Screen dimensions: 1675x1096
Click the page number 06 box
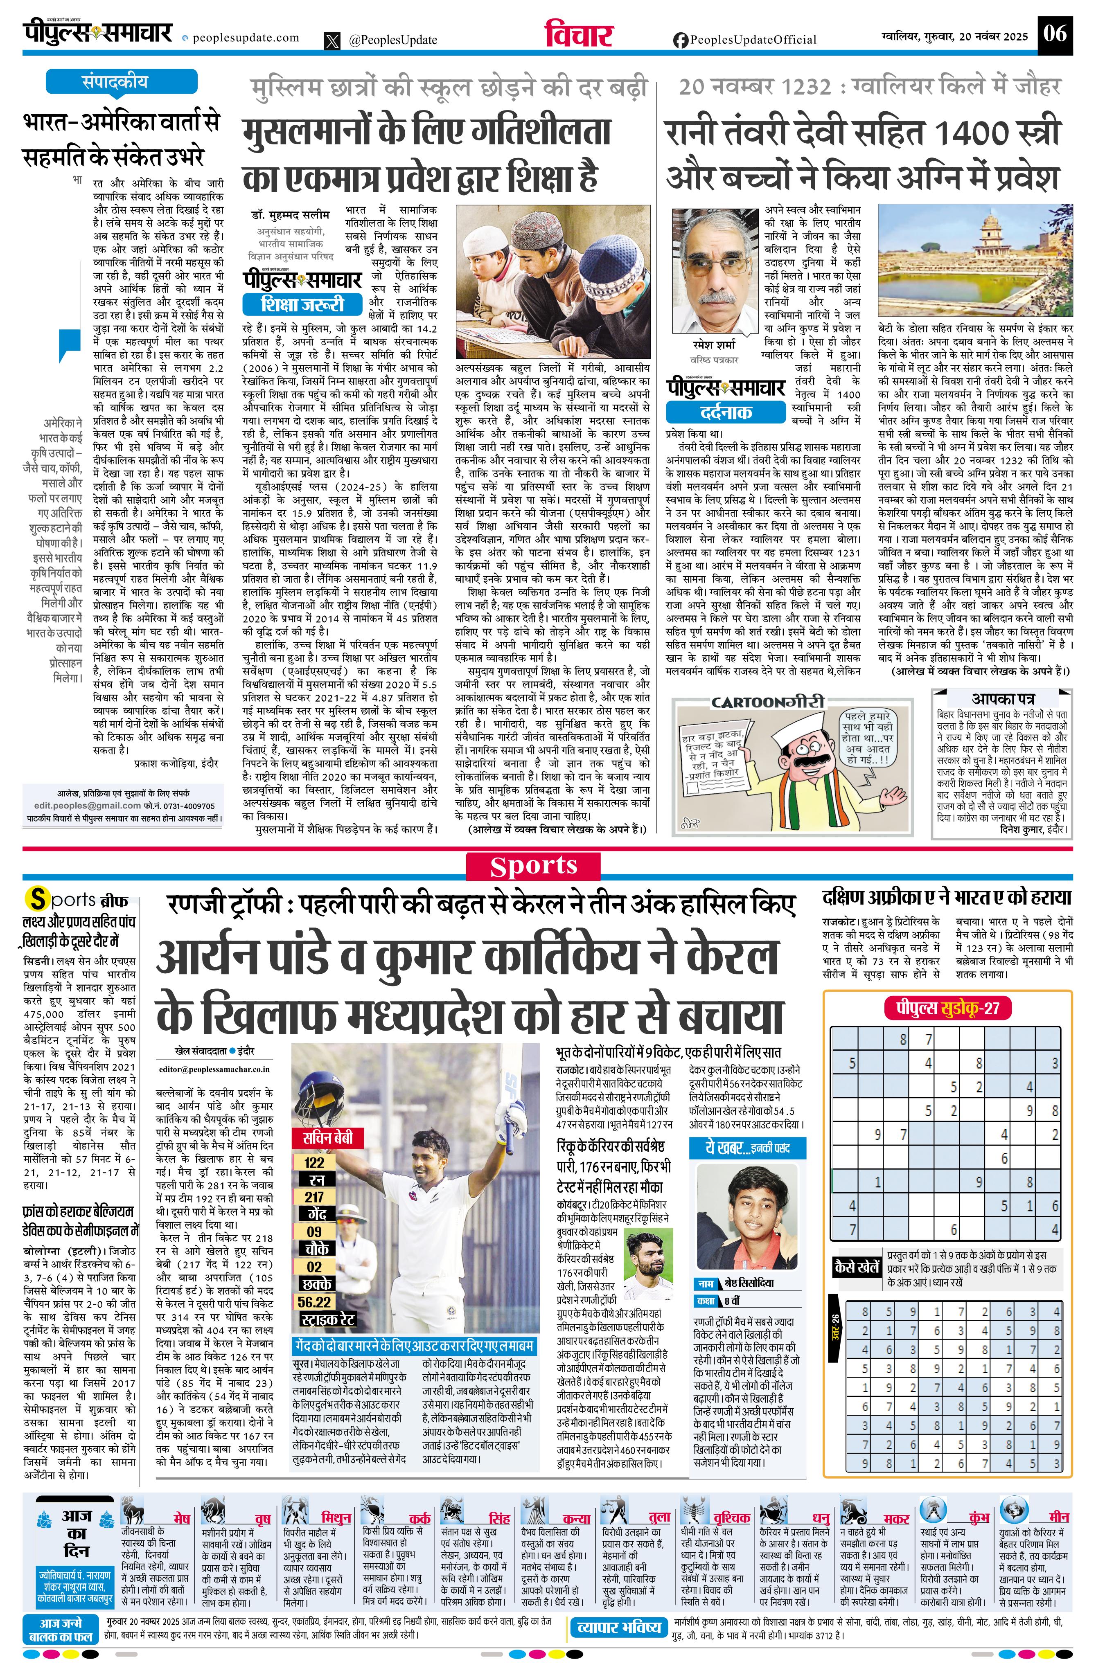coord(1055,33)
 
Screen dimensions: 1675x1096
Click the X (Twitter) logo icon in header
coord(332,41)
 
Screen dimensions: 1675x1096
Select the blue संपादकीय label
coord(115,82)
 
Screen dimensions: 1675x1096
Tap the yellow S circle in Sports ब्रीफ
coord(36,899)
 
